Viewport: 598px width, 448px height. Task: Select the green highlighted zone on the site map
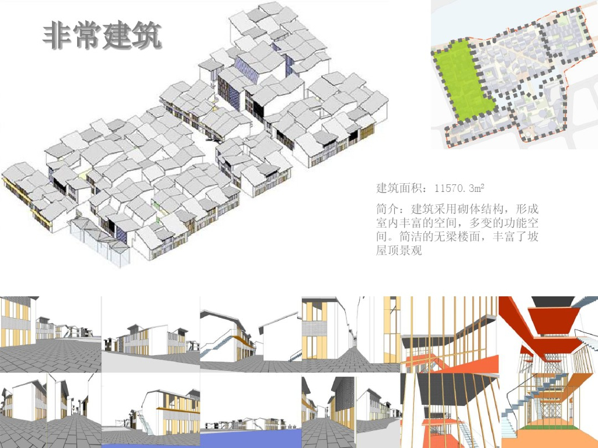tap(461, 79)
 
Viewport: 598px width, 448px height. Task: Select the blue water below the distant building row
tap(251, 438)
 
